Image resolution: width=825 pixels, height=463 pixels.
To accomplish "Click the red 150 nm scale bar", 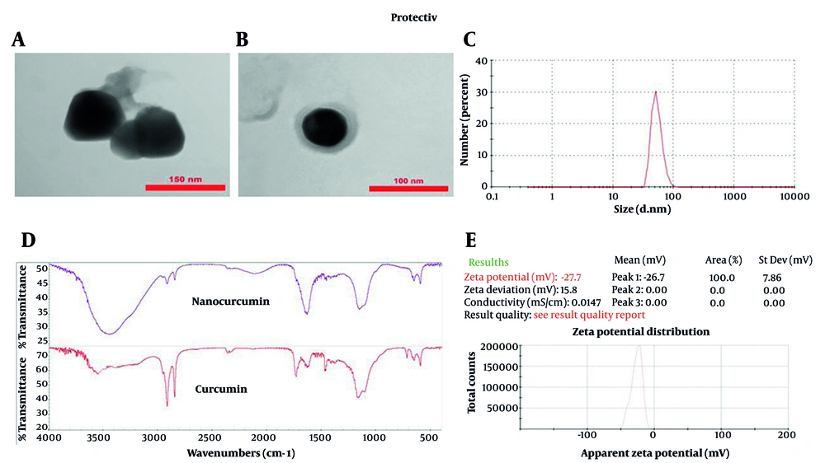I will tap(185, 188).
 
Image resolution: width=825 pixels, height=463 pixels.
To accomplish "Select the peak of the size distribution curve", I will tap(655, 91).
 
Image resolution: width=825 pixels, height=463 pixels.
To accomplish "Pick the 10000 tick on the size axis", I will tap(794, 199).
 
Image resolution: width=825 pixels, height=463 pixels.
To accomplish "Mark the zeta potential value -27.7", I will tap(571, 278).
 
